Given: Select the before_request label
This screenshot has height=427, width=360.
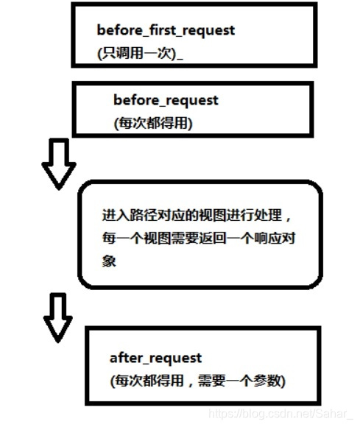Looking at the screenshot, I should point(166,100).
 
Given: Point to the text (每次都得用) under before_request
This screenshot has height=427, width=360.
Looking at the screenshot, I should point(152,123).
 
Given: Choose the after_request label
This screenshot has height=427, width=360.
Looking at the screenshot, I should point(155,358).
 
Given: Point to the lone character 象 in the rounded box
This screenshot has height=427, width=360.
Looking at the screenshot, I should point(109,261).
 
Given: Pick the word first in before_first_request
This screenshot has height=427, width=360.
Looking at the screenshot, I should point(160,30).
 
